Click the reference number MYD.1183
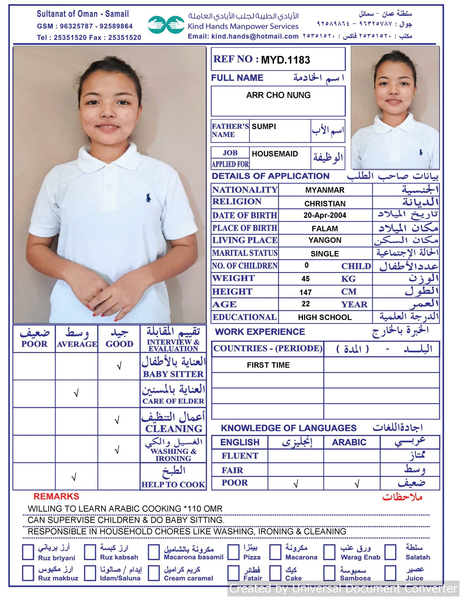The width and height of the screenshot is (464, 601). click(x=285, y=60)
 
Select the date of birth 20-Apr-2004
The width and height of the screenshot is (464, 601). click(x=325, y=215)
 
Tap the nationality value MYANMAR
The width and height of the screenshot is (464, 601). click(x=325, y=190)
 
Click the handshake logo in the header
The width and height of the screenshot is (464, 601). click(x=166, y=25)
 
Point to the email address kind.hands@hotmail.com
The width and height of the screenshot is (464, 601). click(x=255, y=36)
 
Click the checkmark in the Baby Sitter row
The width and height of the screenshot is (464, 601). click(x=119, y=366)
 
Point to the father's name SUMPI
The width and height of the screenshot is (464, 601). click(x=263, y=127)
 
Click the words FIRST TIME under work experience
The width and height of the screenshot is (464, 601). click(x=268, y=365)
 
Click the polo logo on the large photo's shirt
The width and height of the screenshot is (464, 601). click(x=148, y=198)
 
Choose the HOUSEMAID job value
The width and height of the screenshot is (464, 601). click(x=274, y=154)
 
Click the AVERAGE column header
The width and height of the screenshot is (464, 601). click(x=77, y=344)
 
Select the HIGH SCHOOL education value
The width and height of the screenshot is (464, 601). click(x=325, y=317)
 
